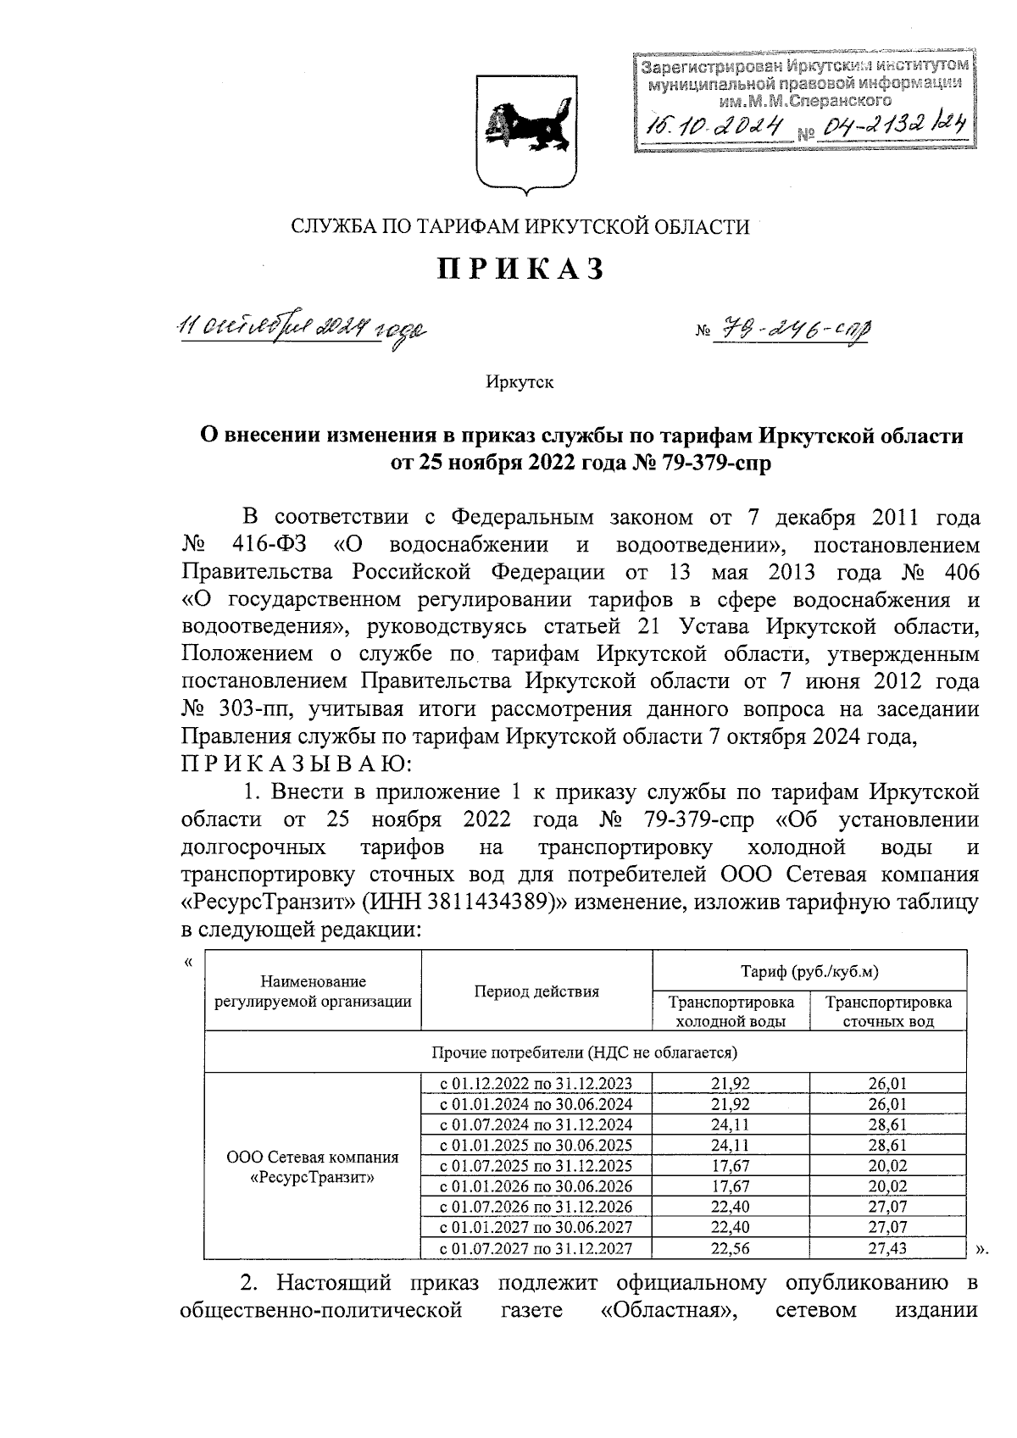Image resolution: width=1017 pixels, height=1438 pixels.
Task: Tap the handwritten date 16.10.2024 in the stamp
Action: pos(713,126)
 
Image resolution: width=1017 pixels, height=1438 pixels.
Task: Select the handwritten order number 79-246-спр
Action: pos(792,331)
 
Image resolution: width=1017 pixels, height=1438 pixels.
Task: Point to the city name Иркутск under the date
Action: pos(520,382)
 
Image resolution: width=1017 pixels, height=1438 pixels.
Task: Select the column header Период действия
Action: pos(536,991)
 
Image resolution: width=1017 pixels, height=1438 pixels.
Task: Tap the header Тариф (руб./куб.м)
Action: pos(809,971)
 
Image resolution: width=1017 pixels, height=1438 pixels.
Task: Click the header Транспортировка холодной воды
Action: pos(731,1011)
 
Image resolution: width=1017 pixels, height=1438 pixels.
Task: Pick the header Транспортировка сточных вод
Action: pos(888,1011)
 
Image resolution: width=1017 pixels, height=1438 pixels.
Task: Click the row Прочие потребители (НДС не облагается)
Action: pos(585,1052)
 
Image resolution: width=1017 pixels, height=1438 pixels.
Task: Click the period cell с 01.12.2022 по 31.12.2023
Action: pos(536,1084)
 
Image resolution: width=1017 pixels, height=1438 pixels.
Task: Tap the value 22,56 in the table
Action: pos(731,1247)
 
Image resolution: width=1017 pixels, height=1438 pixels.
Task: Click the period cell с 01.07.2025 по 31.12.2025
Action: pos(536,1166)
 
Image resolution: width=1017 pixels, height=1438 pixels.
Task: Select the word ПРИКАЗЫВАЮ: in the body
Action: pos(296,763)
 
